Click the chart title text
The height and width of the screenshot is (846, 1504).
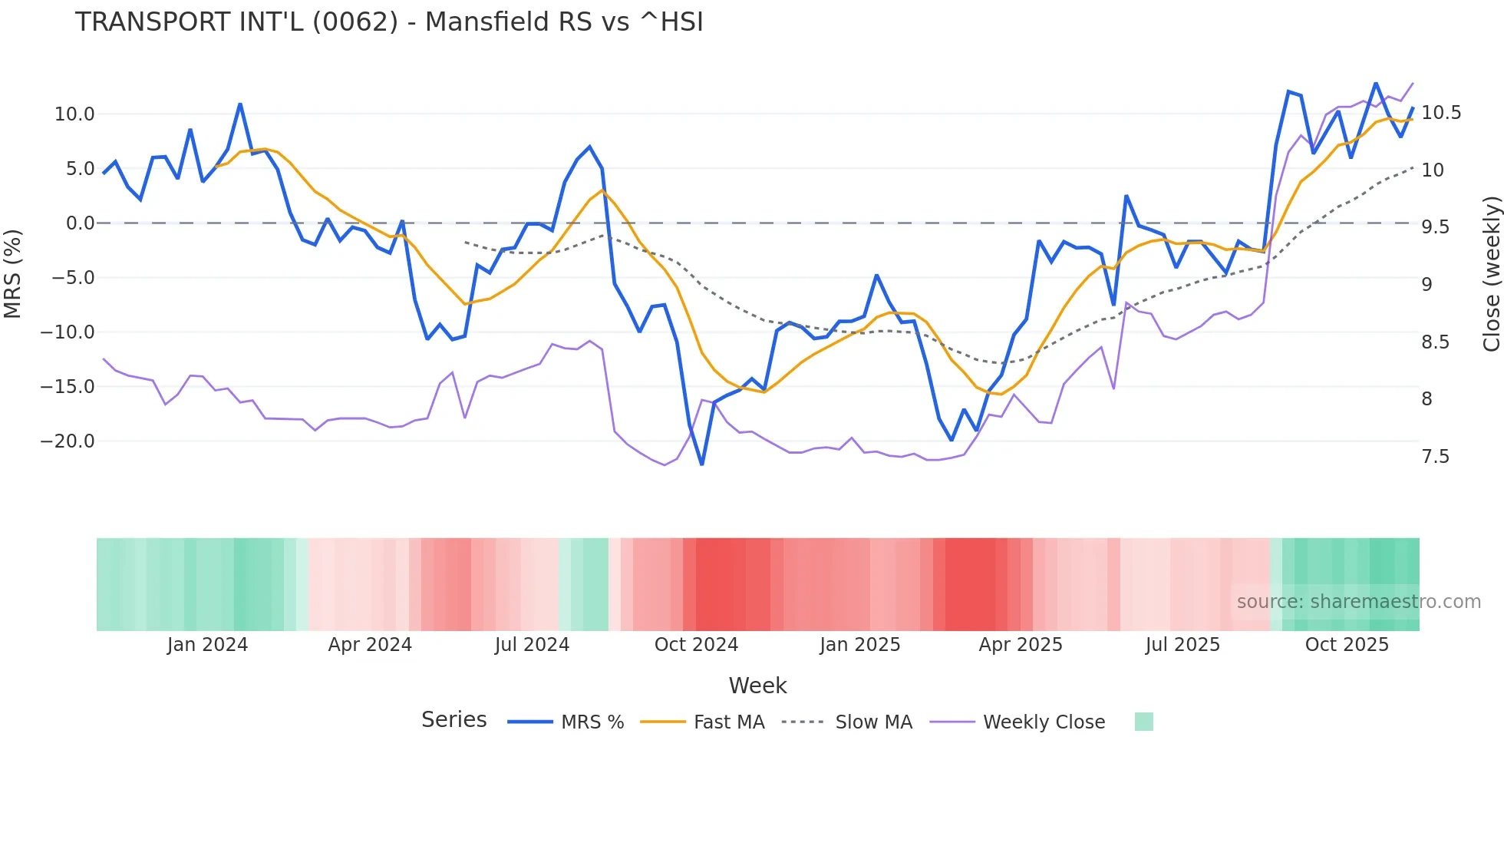[x=389, y=22]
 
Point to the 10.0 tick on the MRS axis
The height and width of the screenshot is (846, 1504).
[x=74, y=114]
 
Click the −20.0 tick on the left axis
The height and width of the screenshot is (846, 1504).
[x=68, y=441]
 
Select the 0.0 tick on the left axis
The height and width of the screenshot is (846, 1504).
[x=80, y=223]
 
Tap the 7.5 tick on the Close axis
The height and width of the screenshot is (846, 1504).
[x=1436, y=457]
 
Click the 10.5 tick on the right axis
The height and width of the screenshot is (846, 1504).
[x=1441, y=113]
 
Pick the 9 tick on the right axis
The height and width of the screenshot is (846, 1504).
[x=1426, y=285]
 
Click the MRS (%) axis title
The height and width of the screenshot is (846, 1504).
[x=13, y=273]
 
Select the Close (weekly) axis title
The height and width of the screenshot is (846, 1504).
[x=1491, y=274]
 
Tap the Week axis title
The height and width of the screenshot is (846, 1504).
[x=757, y=686]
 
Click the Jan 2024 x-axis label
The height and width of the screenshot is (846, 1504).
[x=207, y=645]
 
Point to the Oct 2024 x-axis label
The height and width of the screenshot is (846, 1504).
[x=696, y=645]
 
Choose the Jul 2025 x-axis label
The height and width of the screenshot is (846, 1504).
[x=1182, y=645]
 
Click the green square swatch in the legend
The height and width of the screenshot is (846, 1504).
[x=1143, y=722]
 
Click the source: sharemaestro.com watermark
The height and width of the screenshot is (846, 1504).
[x=1358, y=602]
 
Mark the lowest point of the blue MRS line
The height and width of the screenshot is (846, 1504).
[x=701, y=464]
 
